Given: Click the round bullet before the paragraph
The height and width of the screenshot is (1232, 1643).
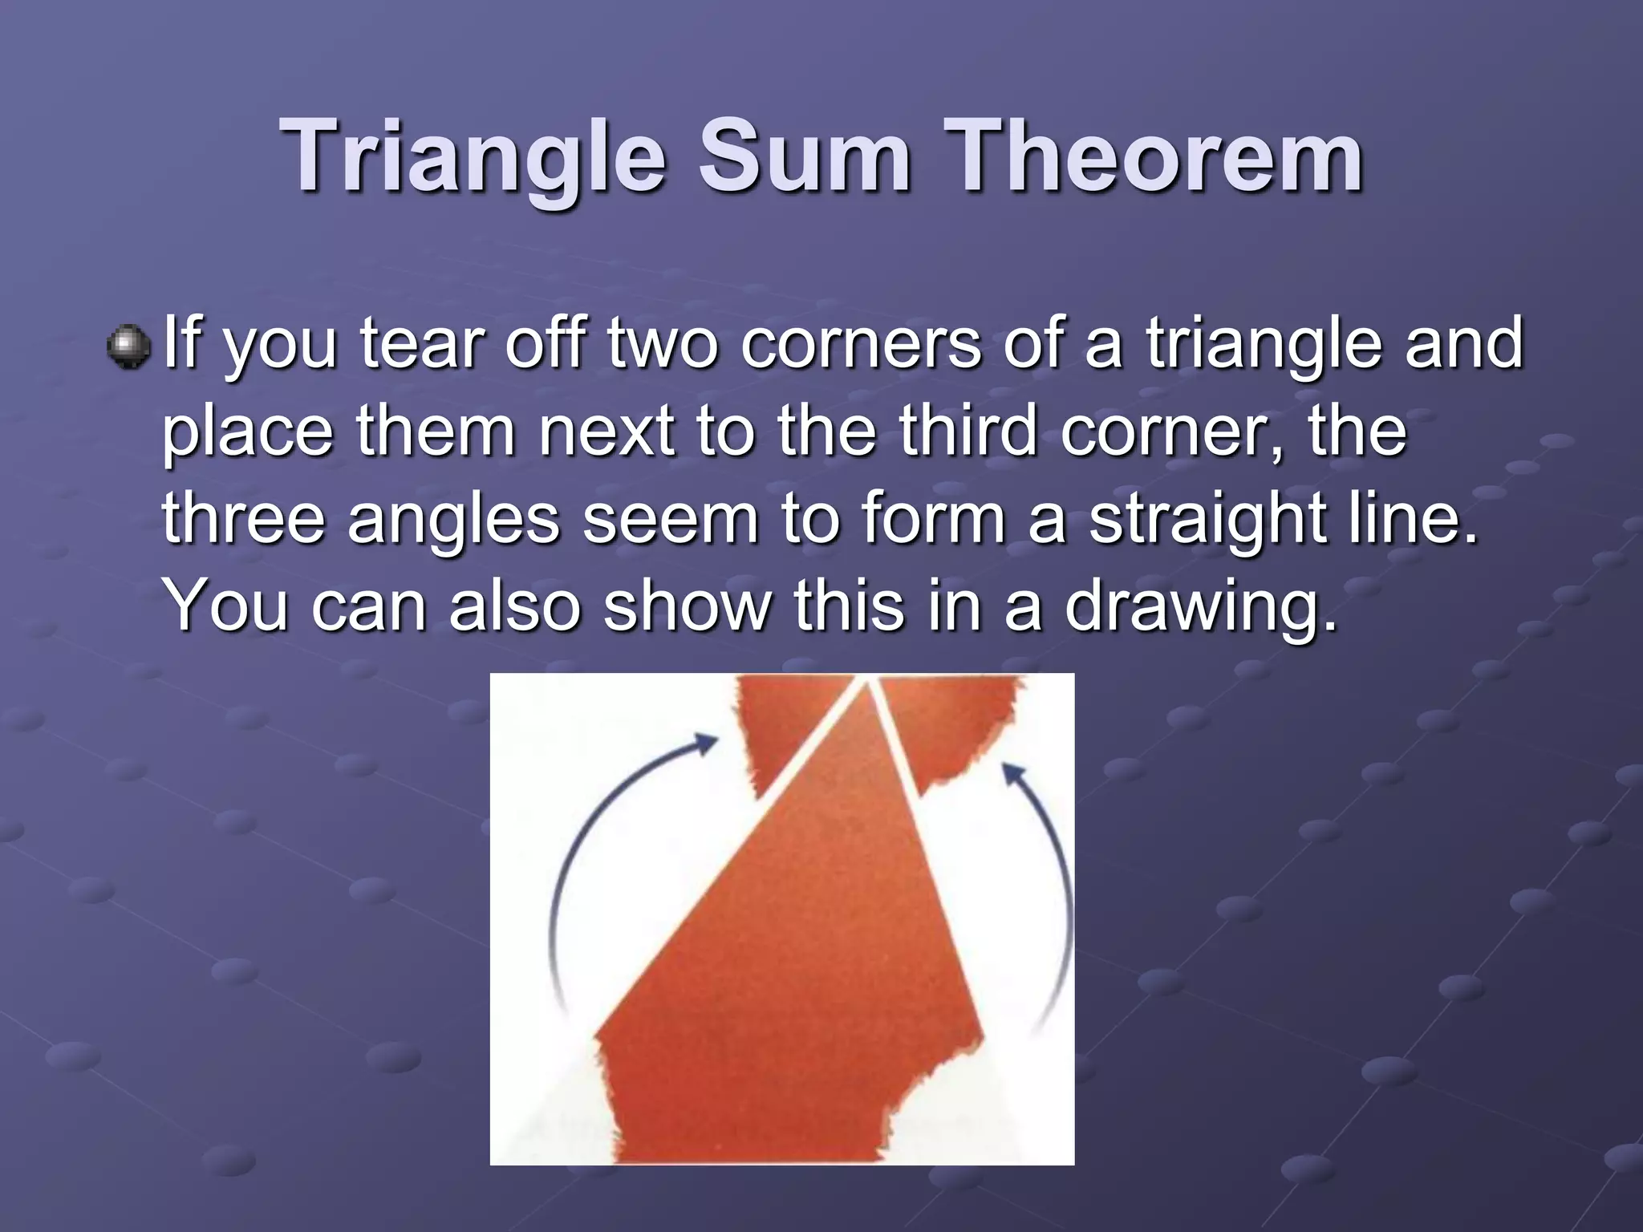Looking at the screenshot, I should tap(128, 346).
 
